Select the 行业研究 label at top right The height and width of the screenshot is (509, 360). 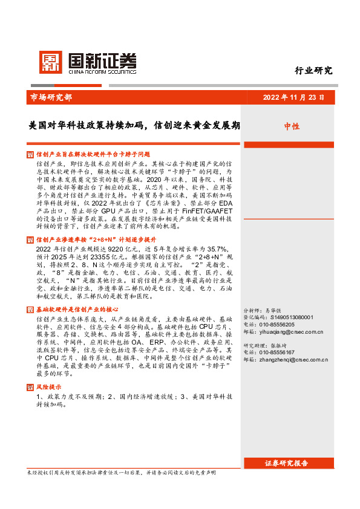coord(314,70)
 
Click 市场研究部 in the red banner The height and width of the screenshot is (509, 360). coord(51,97)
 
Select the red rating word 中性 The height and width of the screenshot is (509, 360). coord(292,126)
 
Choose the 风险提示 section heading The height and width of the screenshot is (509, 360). coord(48,386)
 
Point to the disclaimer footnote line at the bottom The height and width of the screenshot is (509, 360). coord(121,472)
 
